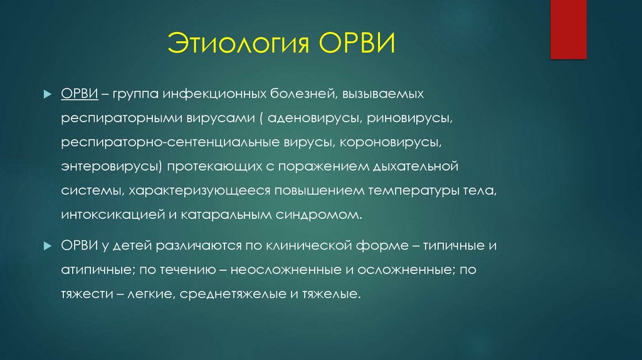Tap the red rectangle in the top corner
click(x=568, y=29)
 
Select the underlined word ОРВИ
click(x=78, y=94)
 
